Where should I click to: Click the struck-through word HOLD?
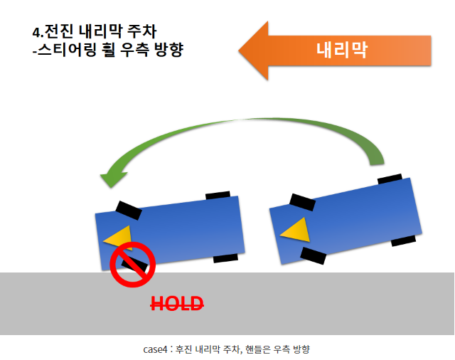coord(177,304)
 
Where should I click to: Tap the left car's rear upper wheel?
coord(218,194)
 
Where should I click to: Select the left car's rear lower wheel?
coord(225,258)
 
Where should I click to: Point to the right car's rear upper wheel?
coord(389,177)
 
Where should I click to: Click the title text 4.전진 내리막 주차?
coord(95,31)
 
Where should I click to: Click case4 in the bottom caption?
coord(154,349)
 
